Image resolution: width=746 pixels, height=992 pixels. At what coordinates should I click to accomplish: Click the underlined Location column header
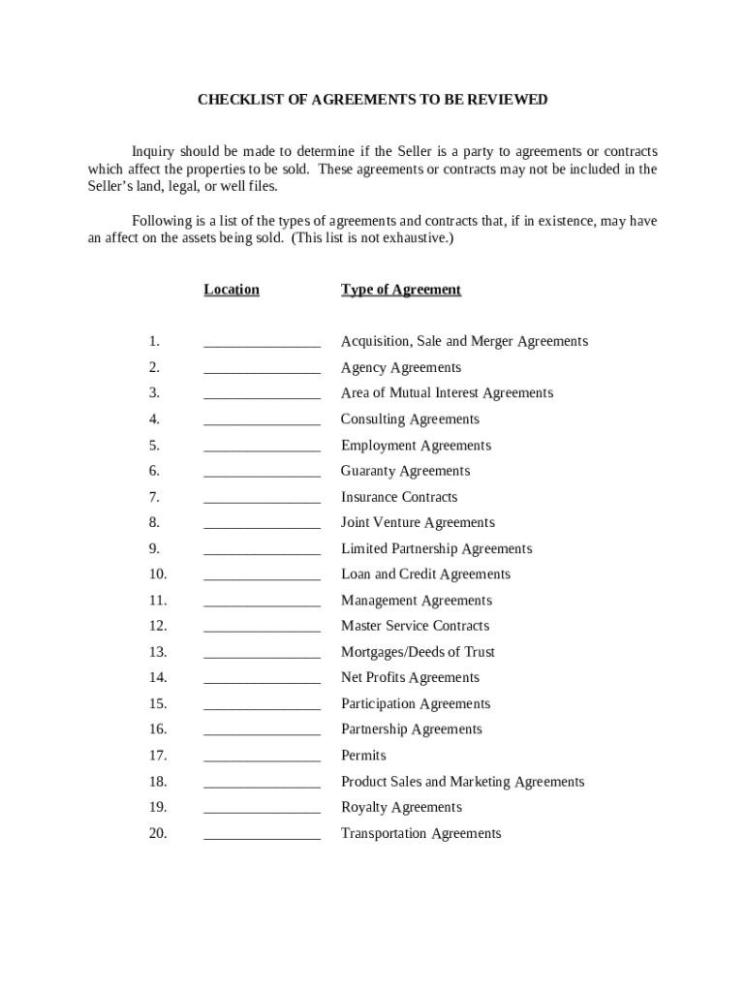232,290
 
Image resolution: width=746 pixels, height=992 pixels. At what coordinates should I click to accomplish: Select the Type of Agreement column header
401,290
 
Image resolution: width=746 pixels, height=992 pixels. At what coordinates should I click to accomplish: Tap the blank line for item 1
262,342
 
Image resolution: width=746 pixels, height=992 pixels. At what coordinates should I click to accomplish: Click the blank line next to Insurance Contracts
262,498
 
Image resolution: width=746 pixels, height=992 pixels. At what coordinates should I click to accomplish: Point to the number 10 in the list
158,574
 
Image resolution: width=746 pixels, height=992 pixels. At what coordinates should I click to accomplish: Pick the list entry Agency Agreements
401,368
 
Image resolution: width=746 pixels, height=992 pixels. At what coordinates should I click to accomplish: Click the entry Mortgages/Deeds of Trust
418,652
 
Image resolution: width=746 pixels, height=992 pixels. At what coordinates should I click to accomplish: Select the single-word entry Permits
363,756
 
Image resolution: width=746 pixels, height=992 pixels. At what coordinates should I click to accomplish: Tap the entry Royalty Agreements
401,807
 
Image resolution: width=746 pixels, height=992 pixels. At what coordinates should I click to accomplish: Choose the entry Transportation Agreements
420,833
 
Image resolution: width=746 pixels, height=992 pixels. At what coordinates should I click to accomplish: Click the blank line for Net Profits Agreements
262,678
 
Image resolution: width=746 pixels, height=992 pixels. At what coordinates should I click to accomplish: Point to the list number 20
158,833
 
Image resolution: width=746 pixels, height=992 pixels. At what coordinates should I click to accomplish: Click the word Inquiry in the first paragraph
153,152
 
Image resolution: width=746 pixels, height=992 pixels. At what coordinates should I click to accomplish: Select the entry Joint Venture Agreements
418,523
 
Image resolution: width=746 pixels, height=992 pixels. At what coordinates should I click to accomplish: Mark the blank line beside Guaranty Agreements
262,472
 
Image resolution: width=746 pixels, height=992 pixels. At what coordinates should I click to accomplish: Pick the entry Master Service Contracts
415,626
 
